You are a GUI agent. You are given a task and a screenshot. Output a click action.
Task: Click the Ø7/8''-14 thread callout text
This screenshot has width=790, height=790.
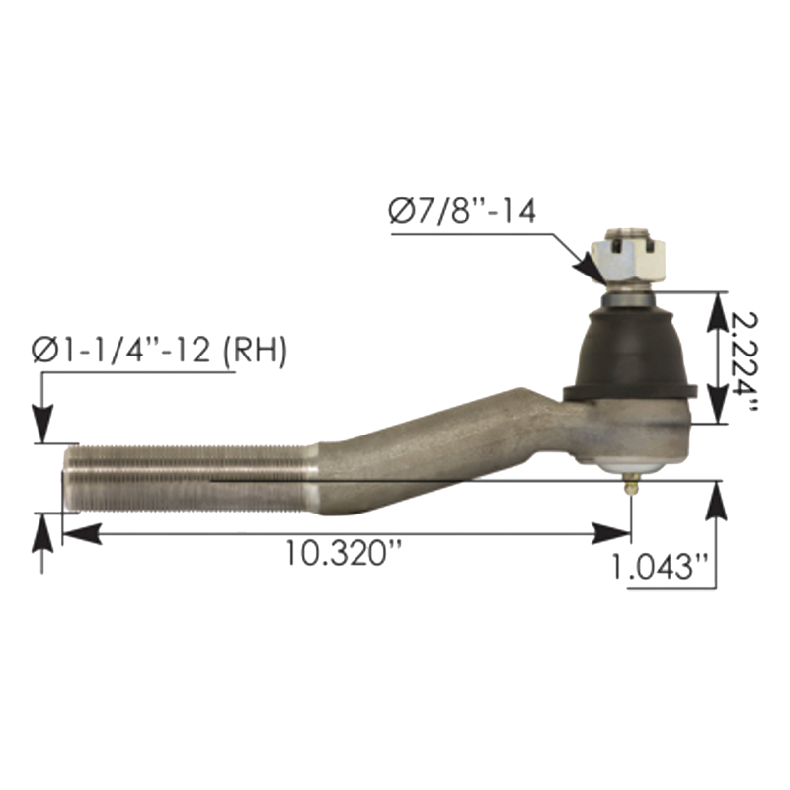(462, 212)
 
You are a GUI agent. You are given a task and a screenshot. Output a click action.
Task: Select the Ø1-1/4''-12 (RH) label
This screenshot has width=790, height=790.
(159, 351)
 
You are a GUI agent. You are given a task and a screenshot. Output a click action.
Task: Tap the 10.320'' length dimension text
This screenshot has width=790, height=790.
(344, 553)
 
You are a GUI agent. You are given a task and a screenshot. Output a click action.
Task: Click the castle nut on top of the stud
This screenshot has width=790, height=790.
(628, 261)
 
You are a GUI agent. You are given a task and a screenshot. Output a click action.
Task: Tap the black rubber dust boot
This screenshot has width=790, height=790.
(630, 355)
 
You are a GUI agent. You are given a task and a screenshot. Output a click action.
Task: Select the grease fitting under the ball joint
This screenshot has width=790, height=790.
(631, 486)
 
